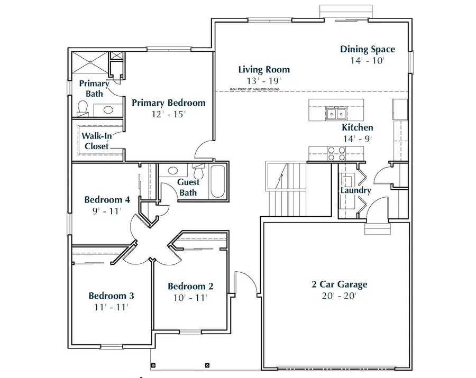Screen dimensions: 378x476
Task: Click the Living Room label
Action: [x=264, y=69]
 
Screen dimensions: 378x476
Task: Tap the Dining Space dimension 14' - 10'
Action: [x=367, y=60]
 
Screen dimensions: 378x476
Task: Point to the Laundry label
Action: [x=355, y=190]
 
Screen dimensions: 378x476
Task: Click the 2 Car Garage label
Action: [x=339, y=284]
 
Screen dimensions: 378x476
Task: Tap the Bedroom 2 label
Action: [x=190, y=286]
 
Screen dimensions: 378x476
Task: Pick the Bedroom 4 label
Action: [x=107, y=200]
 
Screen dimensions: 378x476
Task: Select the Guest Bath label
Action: [x=188, y=187]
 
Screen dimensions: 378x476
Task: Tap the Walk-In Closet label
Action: [x=96, y=141]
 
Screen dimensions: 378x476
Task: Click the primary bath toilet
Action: [x=81, y=108]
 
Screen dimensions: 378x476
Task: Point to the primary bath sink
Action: [x=108, y=110]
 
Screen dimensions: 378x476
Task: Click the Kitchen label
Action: [x=358, y=127]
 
